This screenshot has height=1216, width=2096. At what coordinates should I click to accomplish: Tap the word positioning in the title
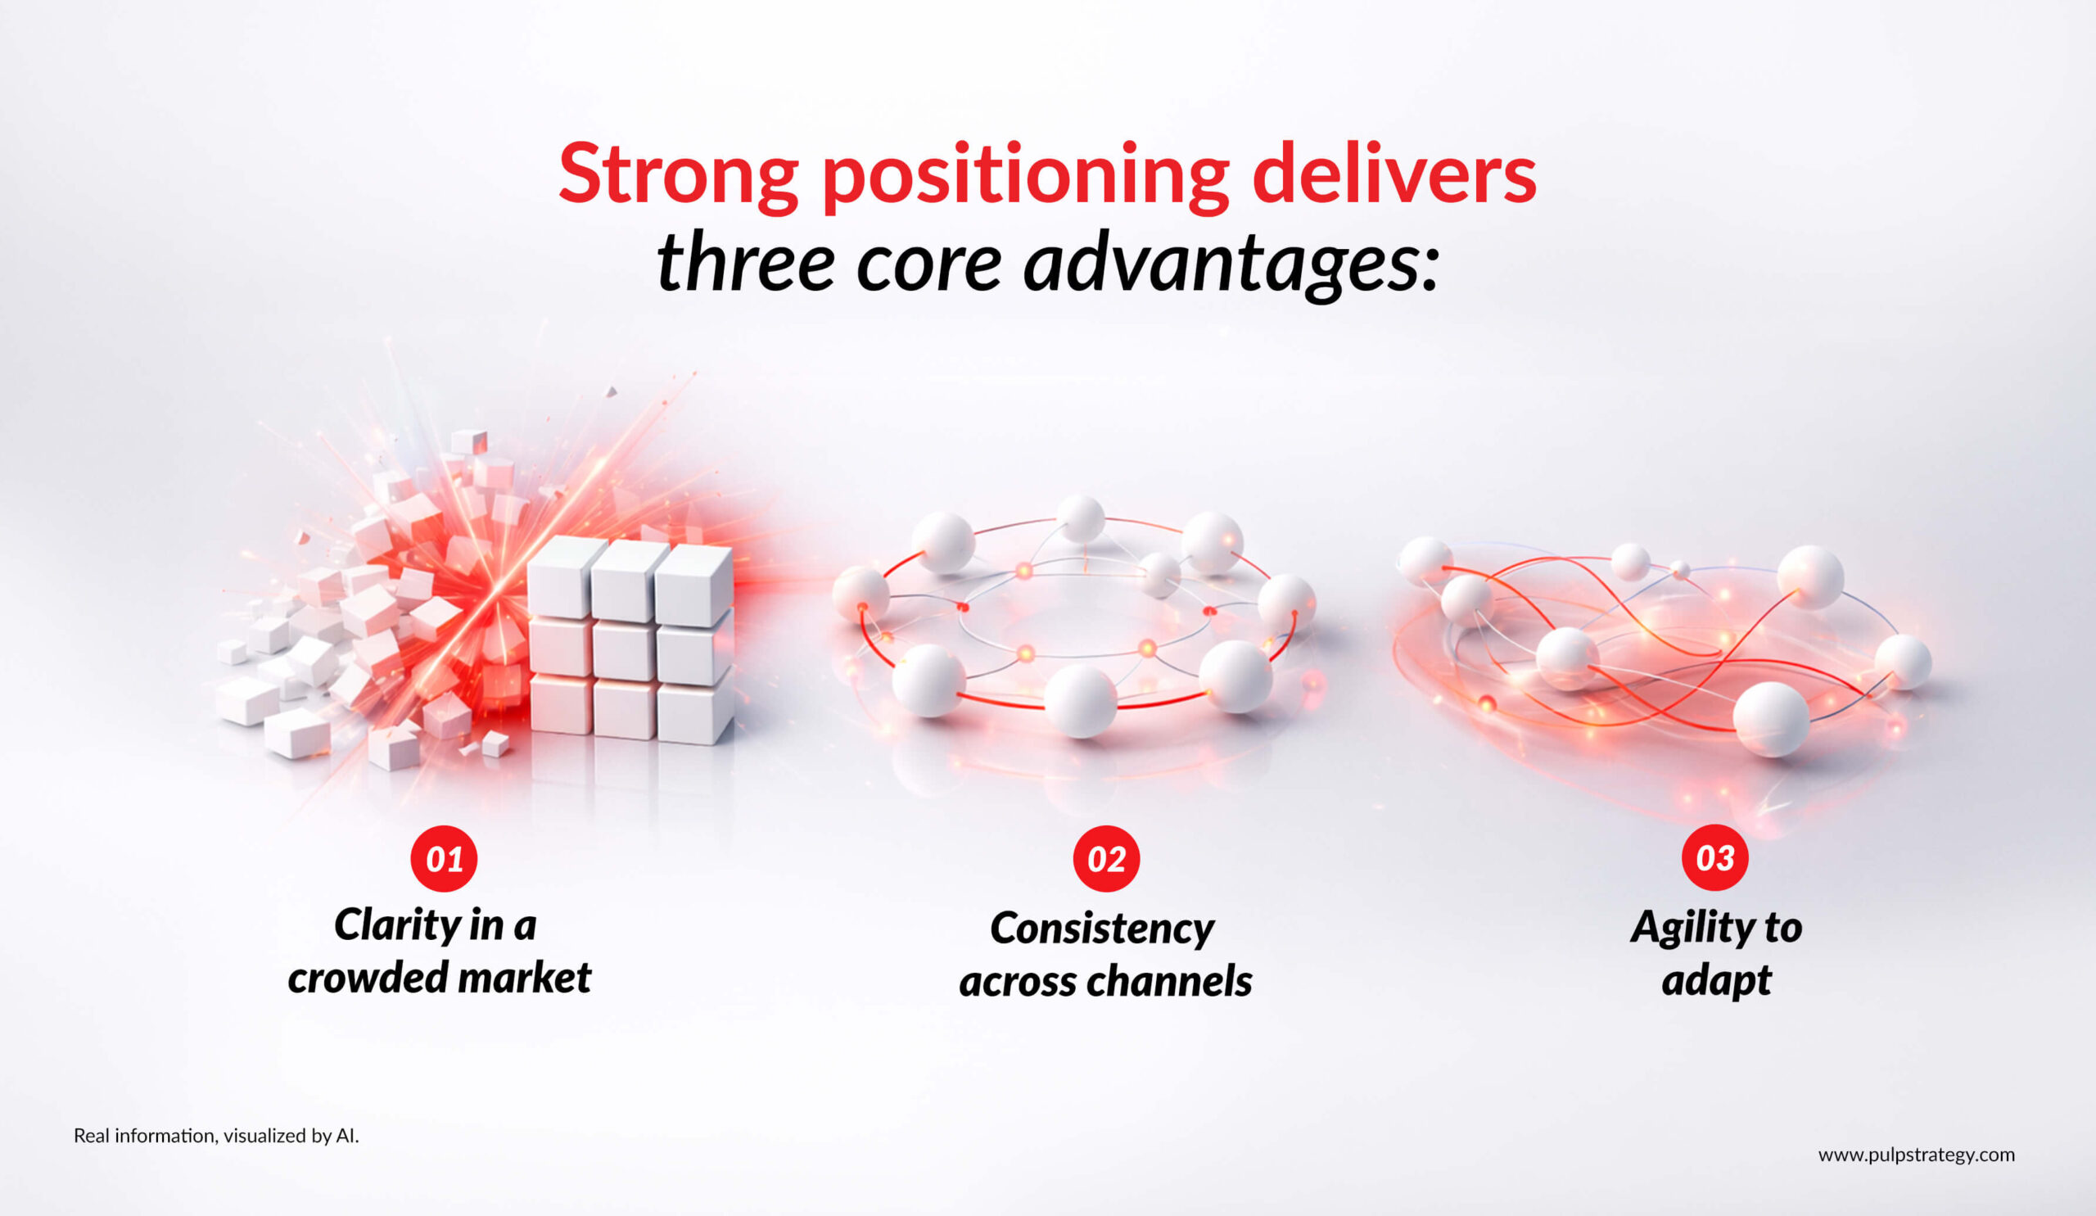tap(1025, 177)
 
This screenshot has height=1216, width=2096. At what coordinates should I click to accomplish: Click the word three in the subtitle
tap(745, 263)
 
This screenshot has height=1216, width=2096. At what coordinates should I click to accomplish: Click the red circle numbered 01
tap(444, 858)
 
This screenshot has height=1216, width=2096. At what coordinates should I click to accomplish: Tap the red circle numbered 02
tap(1106, 858)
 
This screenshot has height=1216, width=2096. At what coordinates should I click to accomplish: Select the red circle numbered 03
tap(1715, 857)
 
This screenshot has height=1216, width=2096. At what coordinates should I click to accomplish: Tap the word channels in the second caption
tap(1181, 982)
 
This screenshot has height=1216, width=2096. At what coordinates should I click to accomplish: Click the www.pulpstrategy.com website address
tap(1917, 1155)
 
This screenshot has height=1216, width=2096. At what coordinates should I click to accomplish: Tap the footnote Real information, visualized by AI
tap(216, 1135)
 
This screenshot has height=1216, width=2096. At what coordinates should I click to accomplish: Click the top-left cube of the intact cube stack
tap(565, 576)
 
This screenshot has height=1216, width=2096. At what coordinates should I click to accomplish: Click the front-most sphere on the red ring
tap(1081, 703)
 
